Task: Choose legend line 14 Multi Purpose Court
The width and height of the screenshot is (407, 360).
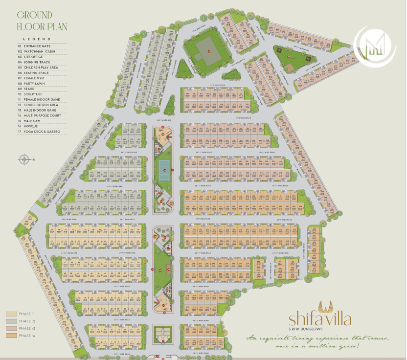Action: tap(39, 115)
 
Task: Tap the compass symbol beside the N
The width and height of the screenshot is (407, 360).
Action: tap(24, 159)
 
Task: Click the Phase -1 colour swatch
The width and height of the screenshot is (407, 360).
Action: tap(11, 314)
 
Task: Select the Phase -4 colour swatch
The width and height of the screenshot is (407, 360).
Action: tap(11, 336)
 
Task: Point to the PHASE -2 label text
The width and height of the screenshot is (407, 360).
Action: tap(27, 321)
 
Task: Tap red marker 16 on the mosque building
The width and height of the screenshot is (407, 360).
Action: tap(208, 51)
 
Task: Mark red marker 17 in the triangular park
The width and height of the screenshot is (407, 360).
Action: tap(289, 57)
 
